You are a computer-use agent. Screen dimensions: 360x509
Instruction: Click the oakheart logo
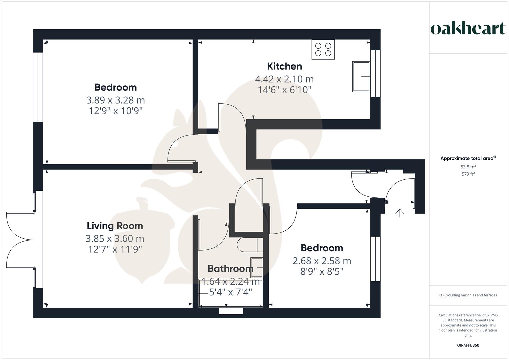468,29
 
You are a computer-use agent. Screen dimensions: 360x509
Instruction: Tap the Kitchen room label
284,66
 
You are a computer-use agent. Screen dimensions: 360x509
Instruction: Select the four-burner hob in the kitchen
323,50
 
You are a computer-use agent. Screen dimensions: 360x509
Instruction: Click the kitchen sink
361,77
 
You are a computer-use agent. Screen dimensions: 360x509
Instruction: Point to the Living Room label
115,226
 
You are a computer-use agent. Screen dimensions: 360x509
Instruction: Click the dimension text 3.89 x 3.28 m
115,100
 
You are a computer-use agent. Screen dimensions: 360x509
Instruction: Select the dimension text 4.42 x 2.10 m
284,79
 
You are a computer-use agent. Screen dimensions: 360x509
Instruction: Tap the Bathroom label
230,269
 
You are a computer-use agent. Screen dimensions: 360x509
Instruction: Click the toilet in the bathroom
249,245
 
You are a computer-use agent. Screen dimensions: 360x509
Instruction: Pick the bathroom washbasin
257,268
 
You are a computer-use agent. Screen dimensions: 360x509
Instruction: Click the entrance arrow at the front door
399,213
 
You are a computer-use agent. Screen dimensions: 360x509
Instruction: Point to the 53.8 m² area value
468,167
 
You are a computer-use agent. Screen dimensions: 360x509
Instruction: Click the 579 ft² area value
468,174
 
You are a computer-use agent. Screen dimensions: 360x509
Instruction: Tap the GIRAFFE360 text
468,345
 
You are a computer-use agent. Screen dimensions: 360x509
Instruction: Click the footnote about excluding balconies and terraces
468,295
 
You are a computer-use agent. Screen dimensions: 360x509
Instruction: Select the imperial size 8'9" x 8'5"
322,272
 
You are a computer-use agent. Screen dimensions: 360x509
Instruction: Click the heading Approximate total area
467,158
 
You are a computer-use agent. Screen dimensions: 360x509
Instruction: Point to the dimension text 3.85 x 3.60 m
115,239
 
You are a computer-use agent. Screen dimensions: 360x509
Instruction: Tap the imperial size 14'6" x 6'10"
284,90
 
